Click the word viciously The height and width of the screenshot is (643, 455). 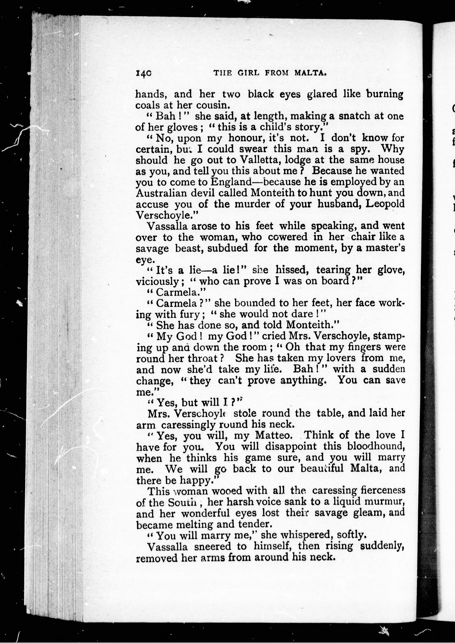[x=157, y=281]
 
